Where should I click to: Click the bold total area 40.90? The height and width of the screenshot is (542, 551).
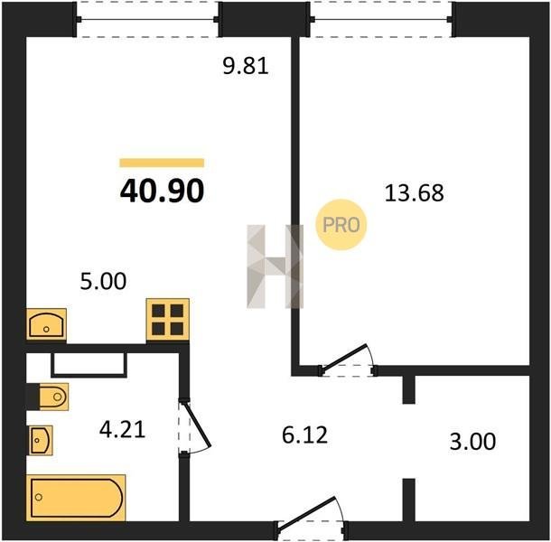pos(162,191)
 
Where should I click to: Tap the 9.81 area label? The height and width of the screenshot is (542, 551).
pos(246,66)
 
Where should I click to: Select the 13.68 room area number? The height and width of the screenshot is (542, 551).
pos(415,193)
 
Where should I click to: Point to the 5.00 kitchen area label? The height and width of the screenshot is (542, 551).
pos(103,281)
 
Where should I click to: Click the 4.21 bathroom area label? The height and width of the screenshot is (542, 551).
pos(122,429)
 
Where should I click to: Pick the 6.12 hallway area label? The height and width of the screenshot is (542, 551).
pos(304,435)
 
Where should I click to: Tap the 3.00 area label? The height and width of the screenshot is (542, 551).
pos(472,442)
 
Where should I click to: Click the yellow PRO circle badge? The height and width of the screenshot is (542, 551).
pos(341,225)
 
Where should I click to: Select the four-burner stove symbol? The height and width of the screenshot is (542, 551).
pos(168,320)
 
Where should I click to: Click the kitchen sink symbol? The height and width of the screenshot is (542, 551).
pos(46,324)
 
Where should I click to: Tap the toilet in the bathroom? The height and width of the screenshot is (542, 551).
pos(53,397)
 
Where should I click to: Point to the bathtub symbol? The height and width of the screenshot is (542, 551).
pos(76,498)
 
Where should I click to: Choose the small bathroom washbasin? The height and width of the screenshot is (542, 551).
pos(41,441)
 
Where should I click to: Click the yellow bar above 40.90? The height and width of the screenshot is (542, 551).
pos(162,163)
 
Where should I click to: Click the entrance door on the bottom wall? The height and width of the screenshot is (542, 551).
pos(306,512)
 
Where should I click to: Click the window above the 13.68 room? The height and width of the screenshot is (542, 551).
pos(381,19)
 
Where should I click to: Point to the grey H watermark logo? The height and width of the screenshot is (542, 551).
pos(275,266)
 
